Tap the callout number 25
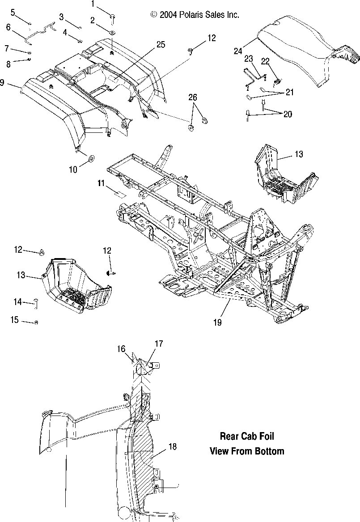[x=161, y=44]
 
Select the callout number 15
[x=15, y=320]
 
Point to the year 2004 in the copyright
[x=169, y=15]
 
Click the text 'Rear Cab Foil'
[x=247, y=436]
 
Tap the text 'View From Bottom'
[x=247, y=451]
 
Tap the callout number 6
[x=8, y=27]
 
